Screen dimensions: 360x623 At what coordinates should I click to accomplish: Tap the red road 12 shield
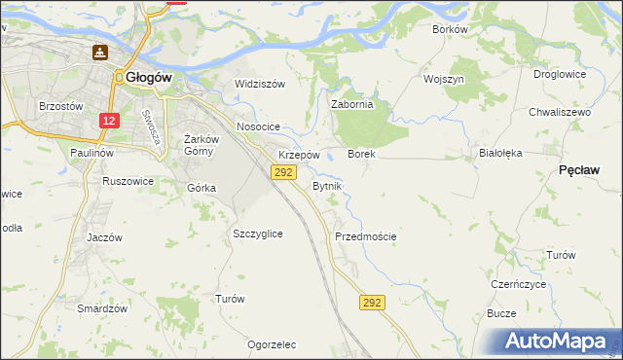[x=109, y=121]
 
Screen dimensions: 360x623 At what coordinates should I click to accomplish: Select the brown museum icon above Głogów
[x=99, y=52]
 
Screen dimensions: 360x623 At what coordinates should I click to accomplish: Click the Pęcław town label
[x=579, y=169]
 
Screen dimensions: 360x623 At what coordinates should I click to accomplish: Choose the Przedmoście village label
[x=365, y=236]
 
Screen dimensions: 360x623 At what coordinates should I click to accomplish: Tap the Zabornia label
[x=352, y=105]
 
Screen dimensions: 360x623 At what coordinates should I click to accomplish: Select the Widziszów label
[x=260, y=84]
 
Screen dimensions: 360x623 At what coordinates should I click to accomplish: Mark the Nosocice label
[x=258, y=127]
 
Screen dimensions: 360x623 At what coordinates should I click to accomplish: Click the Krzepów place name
[x=299, y=155]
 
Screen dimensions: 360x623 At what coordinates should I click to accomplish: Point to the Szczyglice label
[x=258, y=234]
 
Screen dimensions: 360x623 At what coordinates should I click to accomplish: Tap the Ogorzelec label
[x=272, y=345]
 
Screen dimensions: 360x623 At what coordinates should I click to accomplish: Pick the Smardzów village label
[x=103, y=308]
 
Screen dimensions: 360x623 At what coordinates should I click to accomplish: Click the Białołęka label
[x=501, y=153]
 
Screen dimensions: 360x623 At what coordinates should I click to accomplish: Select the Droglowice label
[x=560, y=74]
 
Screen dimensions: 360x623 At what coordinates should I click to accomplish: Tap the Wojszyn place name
[x=443, y=78]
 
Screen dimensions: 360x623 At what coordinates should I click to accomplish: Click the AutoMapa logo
[x=558, y=342]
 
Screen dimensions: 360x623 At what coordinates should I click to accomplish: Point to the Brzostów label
[x=57, y=106]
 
